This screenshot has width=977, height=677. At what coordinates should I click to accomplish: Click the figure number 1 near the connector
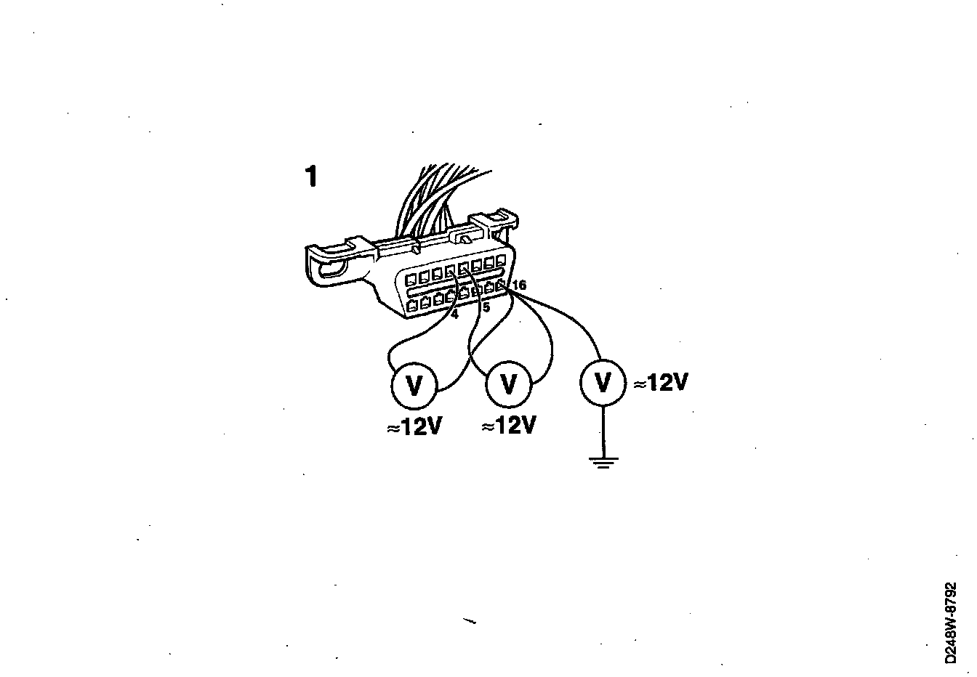[311, 177]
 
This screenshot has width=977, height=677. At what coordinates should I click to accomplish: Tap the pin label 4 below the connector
[454, 315]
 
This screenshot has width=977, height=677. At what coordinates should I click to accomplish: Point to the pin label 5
[486, 308]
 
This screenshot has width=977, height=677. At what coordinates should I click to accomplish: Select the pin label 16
[518, 285]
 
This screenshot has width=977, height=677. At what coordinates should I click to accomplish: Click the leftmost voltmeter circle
[414, 384]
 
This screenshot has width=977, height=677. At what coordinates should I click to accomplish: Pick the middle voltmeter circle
[510, 384]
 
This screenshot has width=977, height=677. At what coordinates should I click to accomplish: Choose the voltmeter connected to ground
[603, 382]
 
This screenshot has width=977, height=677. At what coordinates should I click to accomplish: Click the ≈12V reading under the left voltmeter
[414, 428]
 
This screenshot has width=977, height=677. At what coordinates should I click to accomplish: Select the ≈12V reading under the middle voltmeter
[509, 426]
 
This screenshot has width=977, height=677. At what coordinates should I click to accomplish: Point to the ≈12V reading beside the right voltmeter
[660, 383]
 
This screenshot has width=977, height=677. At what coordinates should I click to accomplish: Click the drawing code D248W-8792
[952, 622]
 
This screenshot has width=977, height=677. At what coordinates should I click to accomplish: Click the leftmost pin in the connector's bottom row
[413, 306]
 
